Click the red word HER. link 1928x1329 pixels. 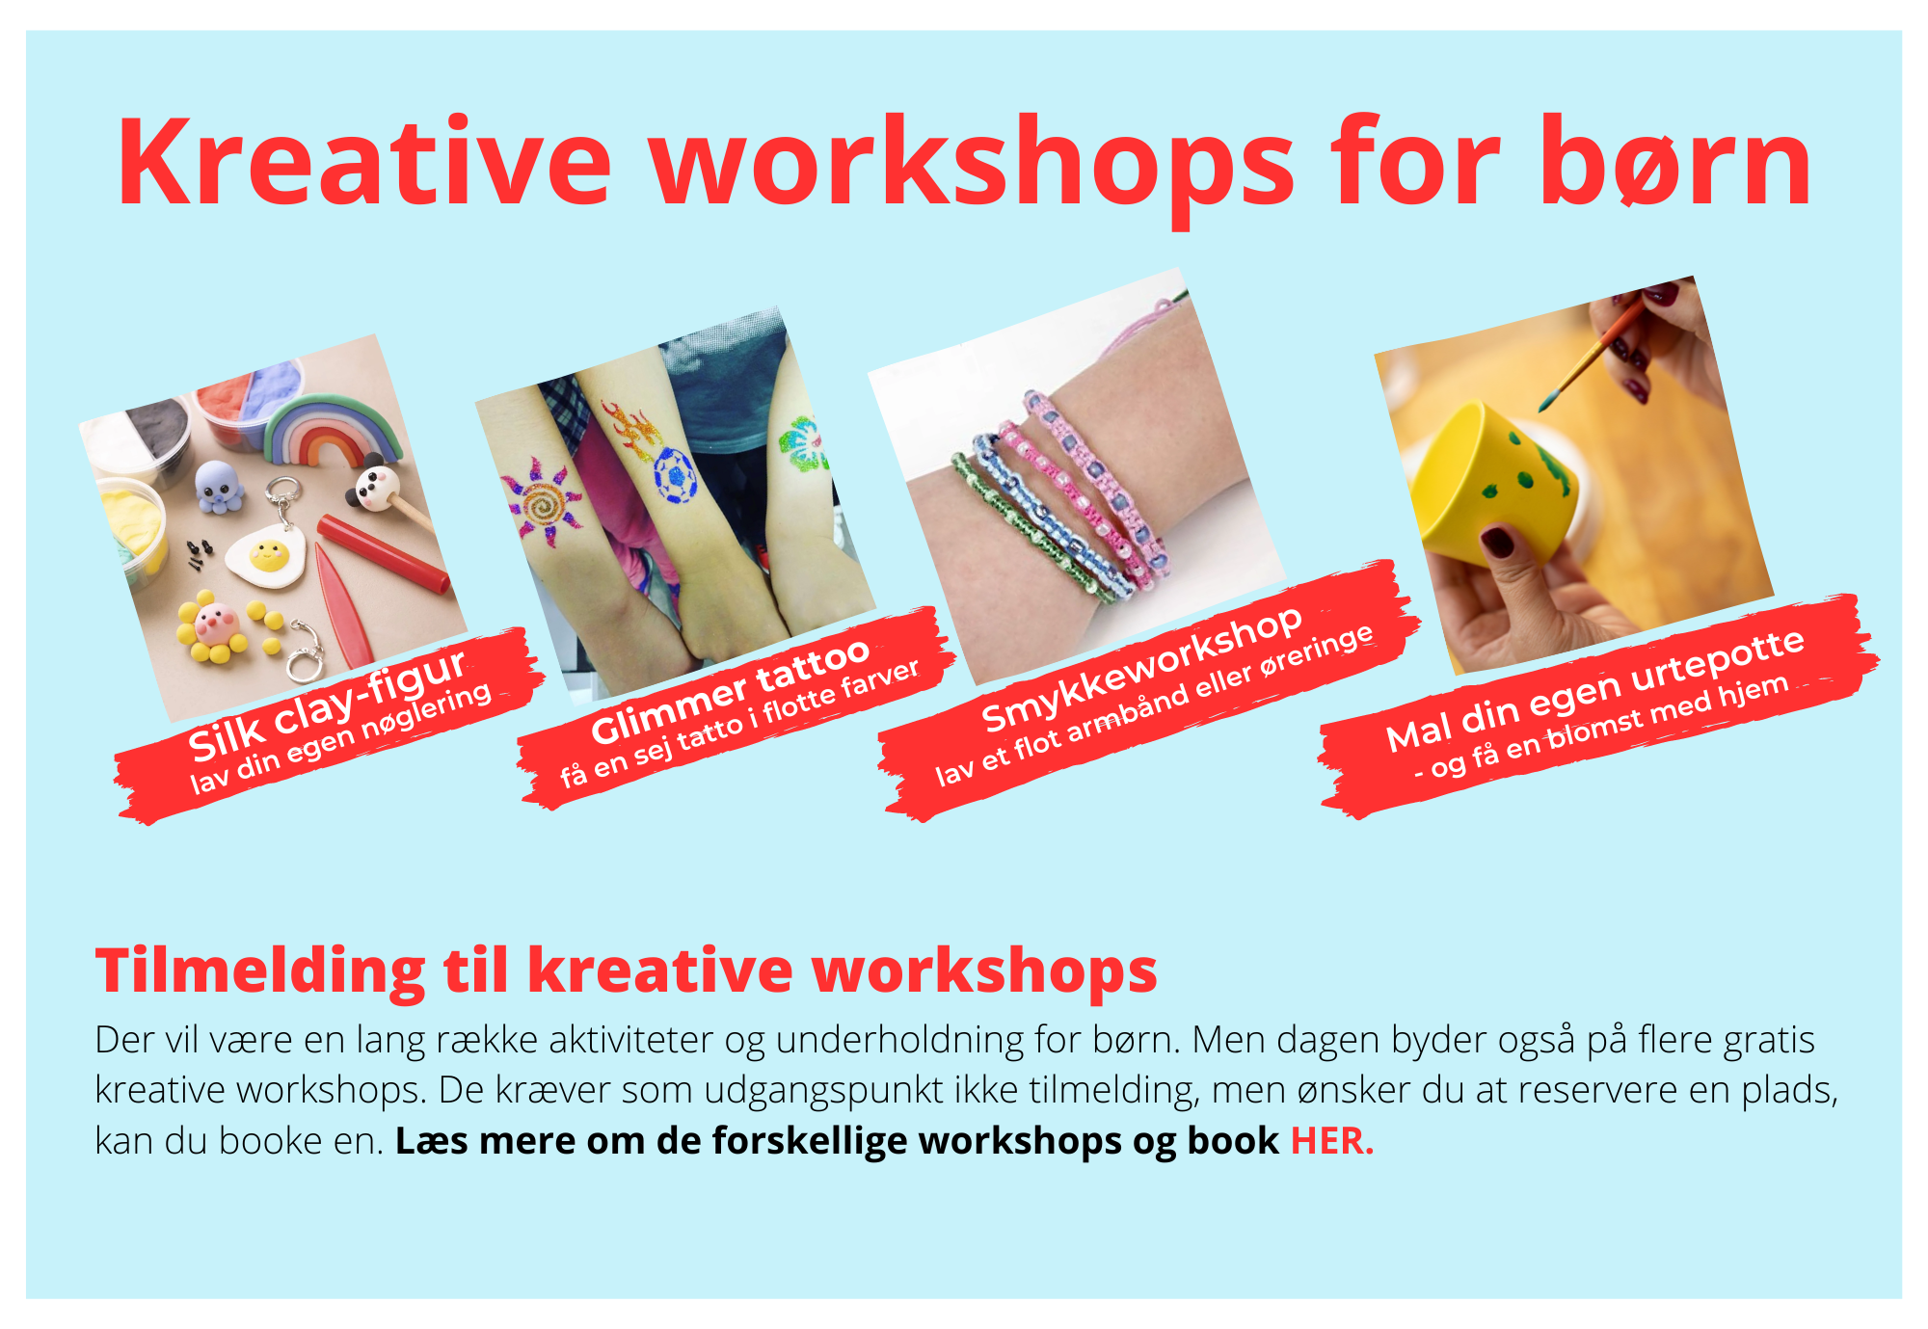tap(1332, 1141)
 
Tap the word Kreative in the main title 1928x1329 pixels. tap(364, 162)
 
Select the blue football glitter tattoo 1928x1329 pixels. tap(674, 474)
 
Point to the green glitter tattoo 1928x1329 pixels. tap(803, 444)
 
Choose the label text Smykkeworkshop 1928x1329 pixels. tap(1141, 669)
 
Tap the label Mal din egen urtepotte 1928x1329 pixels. tap(1595, 690)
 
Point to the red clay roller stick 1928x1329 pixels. tap(384, 553)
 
